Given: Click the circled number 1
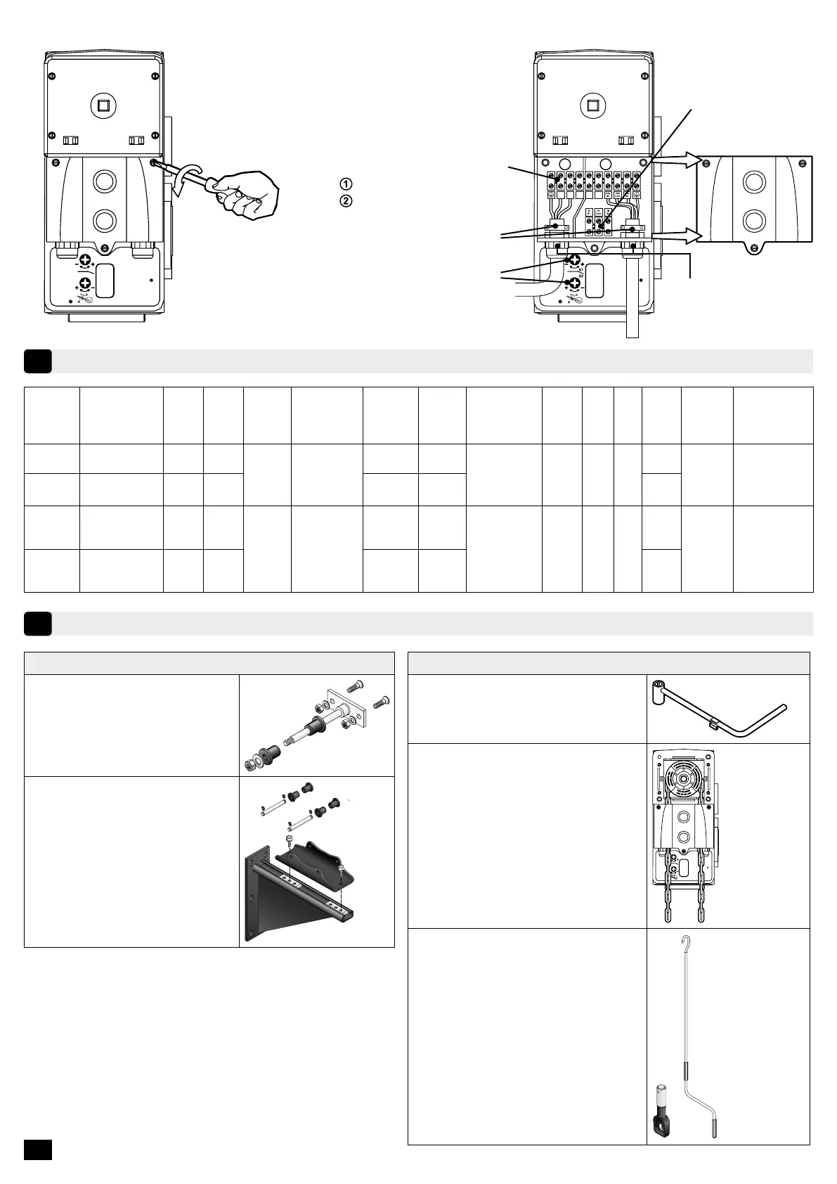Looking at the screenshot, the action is click(x=345, y=184).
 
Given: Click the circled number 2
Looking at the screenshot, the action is click(x=345, y=200).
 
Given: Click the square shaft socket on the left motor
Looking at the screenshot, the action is click(x=104, y=106).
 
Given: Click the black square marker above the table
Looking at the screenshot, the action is click(x=37, y=361).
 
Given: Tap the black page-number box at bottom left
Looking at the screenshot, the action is click(x=37, y=1149).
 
